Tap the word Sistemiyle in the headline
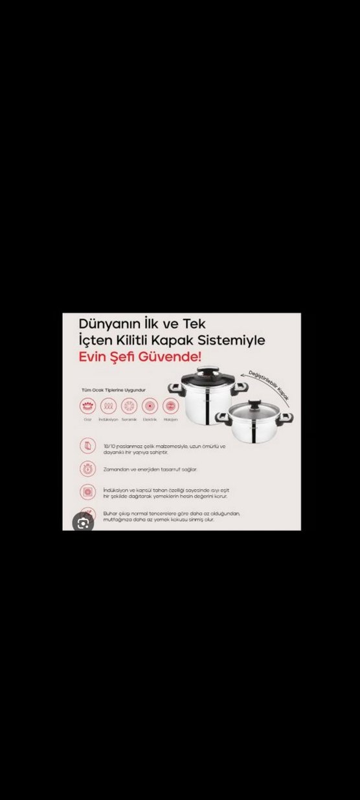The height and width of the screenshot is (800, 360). click(x=234, y=339)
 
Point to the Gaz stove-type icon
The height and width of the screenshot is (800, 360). click(x=87, y=406)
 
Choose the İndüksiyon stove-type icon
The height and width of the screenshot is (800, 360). click(x=108, y=406)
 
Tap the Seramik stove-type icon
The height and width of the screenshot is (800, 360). click(x=129, y=406)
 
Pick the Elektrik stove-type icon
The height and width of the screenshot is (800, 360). click(x=150, y=406)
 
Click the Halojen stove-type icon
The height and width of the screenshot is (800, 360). click(x=170, y=406)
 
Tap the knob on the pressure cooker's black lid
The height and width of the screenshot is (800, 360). click(x=207, y=371)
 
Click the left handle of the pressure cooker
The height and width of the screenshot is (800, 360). click(x=174, y=389)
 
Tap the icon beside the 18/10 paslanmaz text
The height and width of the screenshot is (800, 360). click(x=87, y=446)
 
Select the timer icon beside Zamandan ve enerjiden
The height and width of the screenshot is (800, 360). click(x=87, y=469)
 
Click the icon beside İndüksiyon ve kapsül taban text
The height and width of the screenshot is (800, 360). click(x=87, y=492)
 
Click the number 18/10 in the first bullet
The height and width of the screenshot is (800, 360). click(x=109, y=446)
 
